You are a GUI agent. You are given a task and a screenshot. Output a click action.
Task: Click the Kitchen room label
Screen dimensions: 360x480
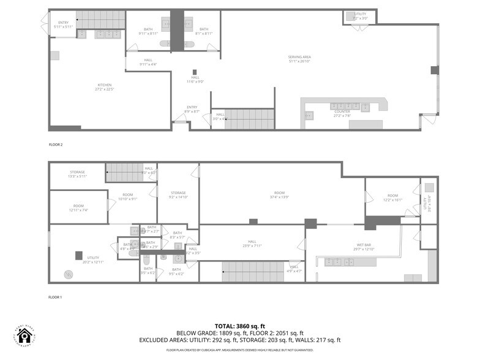pos(105,87)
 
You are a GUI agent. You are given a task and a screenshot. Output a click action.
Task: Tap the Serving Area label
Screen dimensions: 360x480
pos(299,59)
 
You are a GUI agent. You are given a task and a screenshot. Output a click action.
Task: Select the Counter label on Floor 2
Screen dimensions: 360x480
pos(342,113)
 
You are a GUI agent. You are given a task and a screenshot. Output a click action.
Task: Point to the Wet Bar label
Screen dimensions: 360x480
pos(364,247)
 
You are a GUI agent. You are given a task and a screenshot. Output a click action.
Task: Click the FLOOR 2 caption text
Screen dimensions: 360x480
pos(56,144)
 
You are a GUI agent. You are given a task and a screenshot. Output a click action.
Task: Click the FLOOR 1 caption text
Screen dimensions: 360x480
pos(56,298)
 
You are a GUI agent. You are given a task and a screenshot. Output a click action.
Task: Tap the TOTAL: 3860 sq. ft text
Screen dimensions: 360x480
pos(239,326)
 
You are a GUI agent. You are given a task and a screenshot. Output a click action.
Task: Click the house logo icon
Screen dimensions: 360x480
pos(24,335)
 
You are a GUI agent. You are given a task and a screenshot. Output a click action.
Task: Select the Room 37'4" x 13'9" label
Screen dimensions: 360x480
pos(279,195)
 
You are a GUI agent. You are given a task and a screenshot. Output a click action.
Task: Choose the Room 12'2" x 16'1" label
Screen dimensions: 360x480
pos(392,197)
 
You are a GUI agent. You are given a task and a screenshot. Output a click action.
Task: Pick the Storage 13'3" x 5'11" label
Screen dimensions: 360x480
pos(77,174)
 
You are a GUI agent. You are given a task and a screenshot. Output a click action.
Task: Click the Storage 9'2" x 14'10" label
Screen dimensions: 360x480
pos(178,195)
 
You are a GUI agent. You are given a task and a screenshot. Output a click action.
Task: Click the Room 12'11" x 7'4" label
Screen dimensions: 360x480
pos(78,208)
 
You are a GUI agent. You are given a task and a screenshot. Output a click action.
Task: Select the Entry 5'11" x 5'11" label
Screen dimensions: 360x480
pos(64,24)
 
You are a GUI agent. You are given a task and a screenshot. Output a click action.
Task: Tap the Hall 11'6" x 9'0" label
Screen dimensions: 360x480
pos(195,79)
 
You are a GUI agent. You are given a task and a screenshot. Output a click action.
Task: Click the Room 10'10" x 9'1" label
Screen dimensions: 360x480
pos(127,196)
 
